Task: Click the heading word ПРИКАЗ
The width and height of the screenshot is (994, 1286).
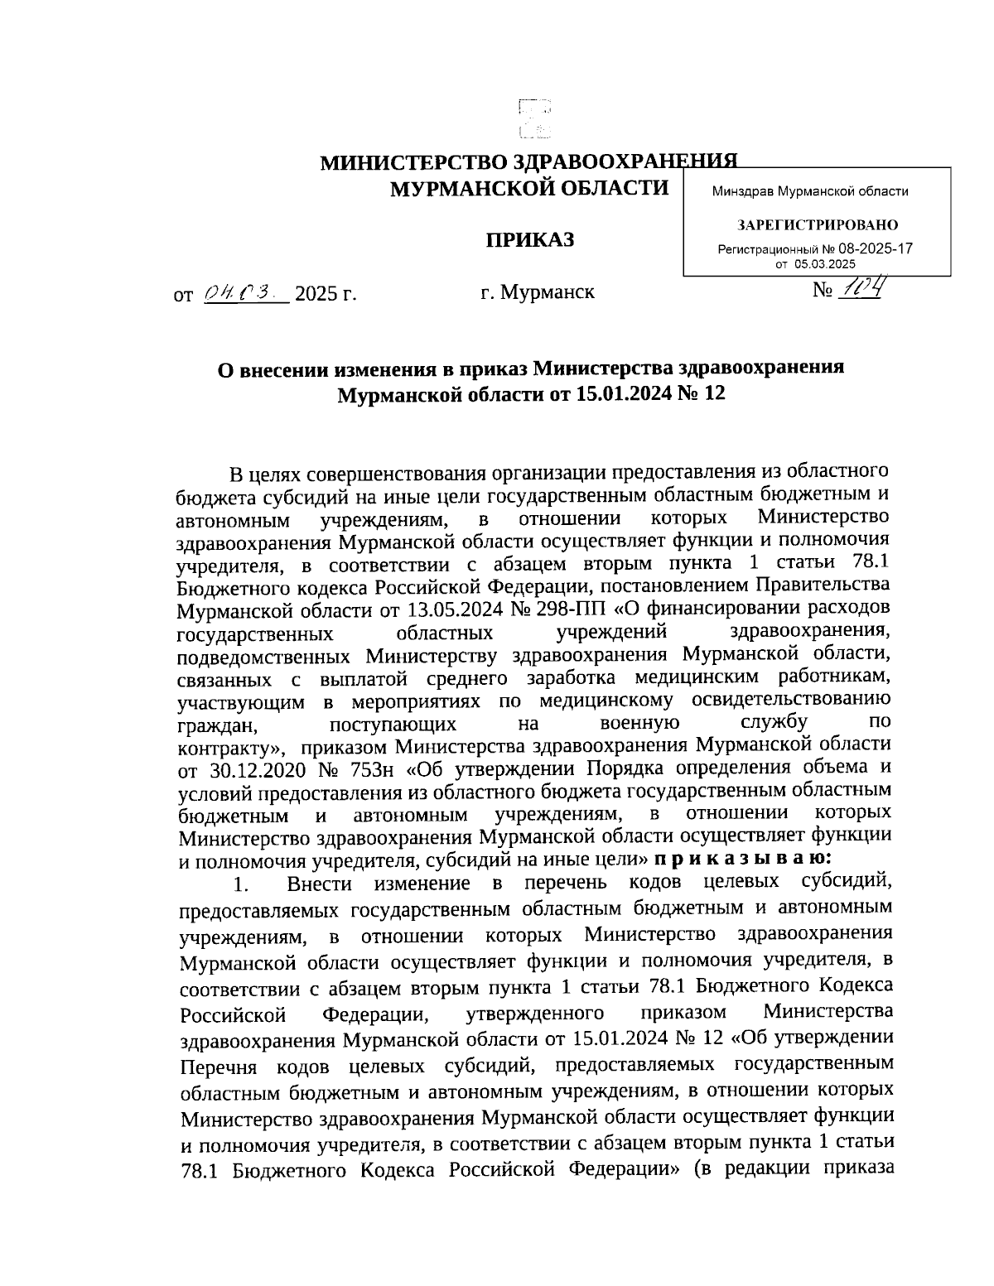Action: point(529,240)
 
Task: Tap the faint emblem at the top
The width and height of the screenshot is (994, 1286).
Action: point(534,118)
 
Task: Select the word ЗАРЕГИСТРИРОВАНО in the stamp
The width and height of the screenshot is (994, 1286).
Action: point(817,225)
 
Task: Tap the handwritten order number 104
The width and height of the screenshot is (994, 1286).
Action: point(859,289)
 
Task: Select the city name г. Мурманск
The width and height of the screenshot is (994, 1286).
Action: point(537,292)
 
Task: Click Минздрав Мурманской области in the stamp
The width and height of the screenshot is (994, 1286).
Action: point(809,191)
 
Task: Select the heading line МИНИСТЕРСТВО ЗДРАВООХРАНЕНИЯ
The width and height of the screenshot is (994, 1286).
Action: point(529,162)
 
